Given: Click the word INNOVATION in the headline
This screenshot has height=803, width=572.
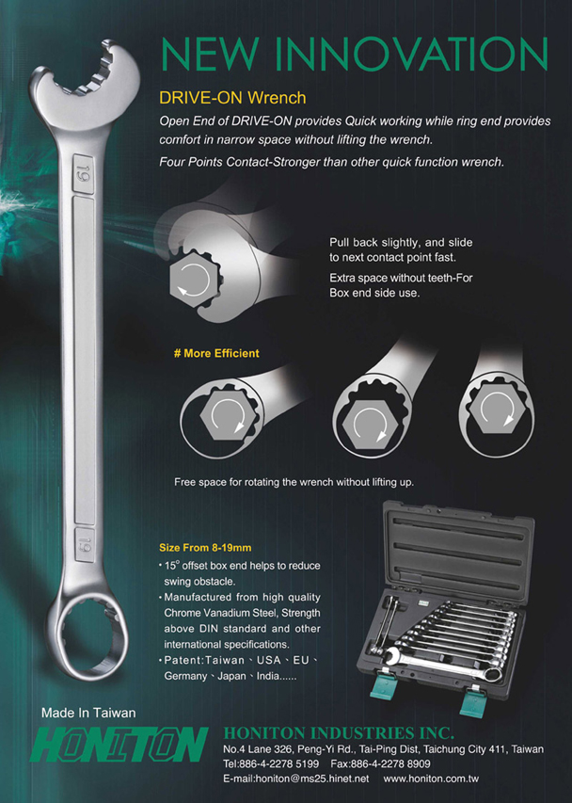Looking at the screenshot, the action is [x=415, y=54].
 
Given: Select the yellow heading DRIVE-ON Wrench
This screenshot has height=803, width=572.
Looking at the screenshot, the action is [x=232, y=97].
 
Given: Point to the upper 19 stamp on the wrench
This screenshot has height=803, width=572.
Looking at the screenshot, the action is [x=83, y=174].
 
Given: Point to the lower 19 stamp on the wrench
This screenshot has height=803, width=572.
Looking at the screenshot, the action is [x=85, y=544].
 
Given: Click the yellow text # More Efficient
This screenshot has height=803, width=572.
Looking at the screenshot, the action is [x=216, y=353].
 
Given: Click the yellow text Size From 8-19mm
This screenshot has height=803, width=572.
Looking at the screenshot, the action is [x=205, y=548].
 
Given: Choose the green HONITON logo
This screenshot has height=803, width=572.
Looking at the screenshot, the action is [x=119, y=744].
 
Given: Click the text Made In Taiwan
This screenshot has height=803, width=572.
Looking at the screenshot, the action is [x=88, y=713].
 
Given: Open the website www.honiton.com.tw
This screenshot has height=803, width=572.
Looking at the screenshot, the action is [x=431, y=779].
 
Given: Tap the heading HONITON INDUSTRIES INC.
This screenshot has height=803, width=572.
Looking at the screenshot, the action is [x=339, y=732].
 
